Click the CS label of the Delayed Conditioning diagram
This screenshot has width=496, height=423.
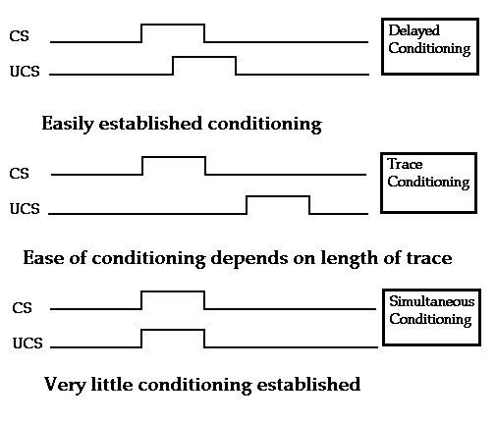19,36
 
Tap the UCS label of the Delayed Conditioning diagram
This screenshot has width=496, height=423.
25,72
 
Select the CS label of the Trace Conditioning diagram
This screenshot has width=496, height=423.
19,174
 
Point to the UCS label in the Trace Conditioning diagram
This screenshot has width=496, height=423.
25,209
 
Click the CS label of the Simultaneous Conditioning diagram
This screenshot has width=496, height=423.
22,308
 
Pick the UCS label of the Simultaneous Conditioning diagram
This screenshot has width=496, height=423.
28,344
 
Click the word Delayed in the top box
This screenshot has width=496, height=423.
413,31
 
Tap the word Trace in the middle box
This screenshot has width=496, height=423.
405,164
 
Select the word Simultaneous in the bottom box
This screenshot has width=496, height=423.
431,301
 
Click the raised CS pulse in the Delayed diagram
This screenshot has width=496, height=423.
173,25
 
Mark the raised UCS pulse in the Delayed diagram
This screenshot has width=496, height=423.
204,57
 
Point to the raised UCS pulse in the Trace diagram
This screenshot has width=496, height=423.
278,196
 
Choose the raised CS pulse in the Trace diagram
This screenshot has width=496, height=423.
174,157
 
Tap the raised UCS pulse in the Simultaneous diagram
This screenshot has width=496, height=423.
173,330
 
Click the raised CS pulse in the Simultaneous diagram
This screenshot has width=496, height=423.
173,291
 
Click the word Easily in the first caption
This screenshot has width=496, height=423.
68,125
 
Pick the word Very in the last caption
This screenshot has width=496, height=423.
65,385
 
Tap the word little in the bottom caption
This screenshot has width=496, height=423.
112,384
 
